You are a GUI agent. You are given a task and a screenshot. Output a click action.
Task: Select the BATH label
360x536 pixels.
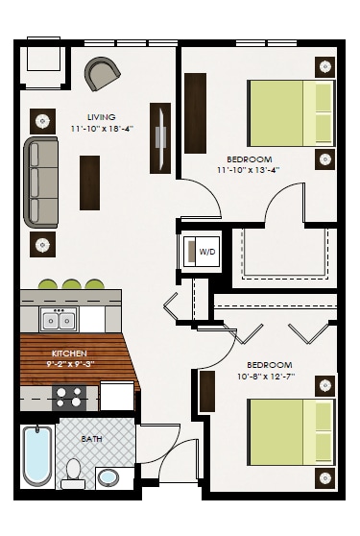point(91,439)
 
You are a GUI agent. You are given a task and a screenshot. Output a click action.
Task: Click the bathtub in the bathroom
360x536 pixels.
point(37,456)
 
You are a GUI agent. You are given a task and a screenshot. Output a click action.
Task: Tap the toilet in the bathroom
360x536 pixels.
point(73,473)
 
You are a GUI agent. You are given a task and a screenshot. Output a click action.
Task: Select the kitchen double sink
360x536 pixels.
point(59,320)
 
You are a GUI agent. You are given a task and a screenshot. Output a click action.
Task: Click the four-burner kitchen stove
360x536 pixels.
point(69,397)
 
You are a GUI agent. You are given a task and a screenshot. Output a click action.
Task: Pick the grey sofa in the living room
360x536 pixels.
point(41,182)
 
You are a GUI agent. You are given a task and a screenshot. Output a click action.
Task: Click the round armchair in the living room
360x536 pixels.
point(103,72)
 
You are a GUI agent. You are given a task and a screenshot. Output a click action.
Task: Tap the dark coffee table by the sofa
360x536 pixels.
point(89,183)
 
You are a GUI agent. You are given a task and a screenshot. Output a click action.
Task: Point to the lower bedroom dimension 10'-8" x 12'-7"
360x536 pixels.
point(269,377)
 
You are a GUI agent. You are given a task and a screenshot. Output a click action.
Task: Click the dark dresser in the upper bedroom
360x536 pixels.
point(196,112)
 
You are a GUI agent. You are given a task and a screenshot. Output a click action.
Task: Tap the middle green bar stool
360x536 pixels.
point(71,284)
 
